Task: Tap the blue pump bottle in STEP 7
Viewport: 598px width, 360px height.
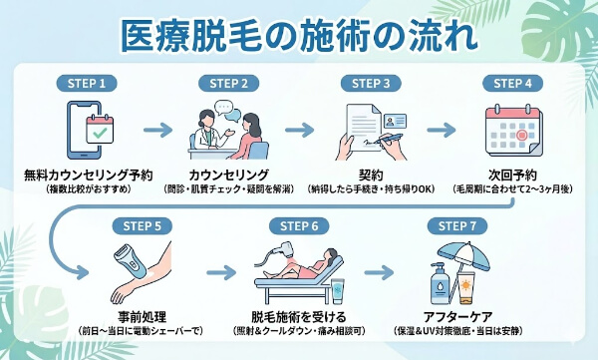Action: pos(440,285)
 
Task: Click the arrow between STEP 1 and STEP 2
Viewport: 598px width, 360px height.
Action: pos(158,129)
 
